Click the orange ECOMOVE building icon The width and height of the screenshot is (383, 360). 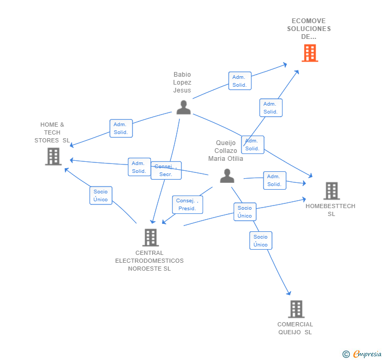tap(310, 53)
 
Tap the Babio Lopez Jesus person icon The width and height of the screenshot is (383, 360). tap(184, 107)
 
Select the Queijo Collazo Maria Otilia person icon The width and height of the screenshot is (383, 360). tap(227, 176)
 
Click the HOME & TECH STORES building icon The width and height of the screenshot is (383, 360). tap(53, 157)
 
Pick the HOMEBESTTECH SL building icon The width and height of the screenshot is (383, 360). tap(331, 191)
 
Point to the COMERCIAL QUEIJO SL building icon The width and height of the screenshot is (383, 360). tap(296, 309)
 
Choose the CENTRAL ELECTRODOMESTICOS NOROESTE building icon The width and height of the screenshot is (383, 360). tap(150, 238)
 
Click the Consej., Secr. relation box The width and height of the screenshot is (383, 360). tap(166, 170)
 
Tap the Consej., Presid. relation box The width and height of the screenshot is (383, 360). tap(187, 204)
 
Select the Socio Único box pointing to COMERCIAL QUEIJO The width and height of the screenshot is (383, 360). tap(260, 240)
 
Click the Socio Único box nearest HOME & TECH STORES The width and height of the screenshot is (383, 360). tap(100, 196)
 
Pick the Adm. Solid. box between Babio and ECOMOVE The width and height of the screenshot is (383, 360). tap(239, 81)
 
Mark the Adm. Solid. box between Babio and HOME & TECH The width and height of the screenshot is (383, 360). tap(121, 128)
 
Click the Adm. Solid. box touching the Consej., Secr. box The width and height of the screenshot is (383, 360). tap(139, 167)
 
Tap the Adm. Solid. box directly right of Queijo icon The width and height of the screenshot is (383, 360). tap(275, 180)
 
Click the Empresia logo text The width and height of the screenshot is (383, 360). tap(367, 354)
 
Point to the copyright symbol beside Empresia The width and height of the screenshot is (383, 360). tap(346, 354)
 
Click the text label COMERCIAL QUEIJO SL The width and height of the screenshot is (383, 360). tap(295, 328)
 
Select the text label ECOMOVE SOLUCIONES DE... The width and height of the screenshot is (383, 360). tap(309, 29)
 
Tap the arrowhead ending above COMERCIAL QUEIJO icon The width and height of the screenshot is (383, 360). tap(289, 293)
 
